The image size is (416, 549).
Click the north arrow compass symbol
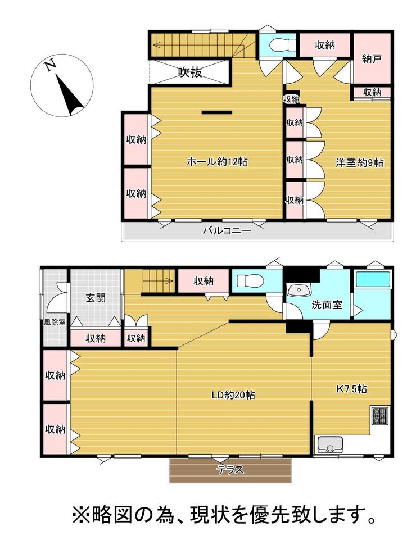[x=62, y=85]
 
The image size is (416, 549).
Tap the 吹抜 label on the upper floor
[x=190, y=72]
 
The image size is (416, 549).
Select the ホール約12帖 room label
[x=218, y=161]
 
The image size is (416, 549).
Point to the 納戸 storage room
[x=372, y=58]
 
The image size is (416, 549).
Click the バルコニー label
[x=227, y=231]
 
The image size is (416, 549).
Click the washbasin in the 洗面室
[x=299, y=291]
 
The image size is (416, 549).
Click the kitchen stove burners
[x=380, y=416]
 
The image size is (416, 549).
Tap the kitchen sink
[x=330, y=444]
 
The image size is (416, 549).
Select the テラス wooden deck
[x=230, y=470]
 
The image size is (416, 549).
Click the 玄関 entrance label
[x=96, y=298]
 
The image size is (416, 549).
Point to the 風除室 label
[x=55, y=322]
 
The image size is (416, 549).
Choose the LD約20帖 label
[x=233, y=395]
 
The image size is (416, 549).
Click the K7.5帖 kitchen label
[x=351, y=389]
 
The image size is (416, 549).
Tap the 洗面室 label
[x=327, y=305]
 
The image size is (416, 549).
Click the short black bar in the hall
[x=217, y=112]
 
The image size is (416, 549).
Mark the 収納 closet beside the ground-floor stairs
[x=204, y=281]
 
